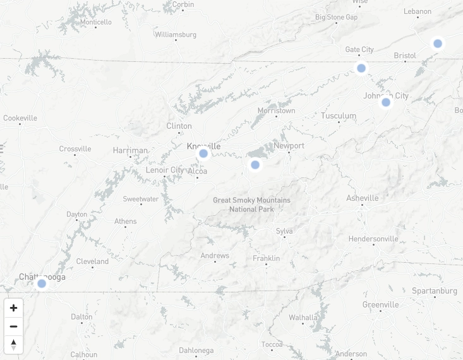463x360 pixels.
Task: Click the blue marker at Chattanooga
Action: point(42,284)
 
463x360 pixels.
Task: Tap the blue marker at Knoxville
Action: point(203,153)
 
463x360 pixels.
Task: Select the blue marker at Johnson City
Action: point(386,102)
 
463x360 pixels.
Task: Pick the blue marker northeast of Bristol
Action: point(438,44)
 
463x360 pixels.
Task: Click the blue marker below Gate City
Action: point(361,68)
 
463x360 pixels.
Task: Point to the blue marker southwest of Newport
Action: point(255,165)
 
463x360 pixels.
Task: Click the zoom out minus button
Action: point(13,327)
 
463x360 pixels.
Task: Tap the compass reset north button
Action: point(13,345)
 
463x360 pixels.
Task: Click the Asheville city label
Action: point(362,198)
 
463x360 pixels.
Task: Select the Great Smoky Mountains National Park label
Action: point(251,205)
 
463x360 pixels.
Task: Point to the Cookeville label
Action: point(20,118)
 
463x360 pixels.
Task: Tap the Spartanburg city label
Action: point(434,291)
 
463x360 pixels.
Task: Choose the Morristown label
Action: point(276,111)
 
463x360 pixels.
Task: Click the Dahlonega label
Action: point(196,350)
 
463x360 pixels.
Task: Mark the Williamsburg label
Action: point(176,34)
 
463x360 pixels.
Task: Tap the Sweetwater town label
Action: point(141,199)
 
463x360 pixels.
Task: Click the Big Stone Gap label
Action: point(336,17)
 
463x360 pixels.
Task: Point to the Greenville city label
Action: point(380,304)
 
